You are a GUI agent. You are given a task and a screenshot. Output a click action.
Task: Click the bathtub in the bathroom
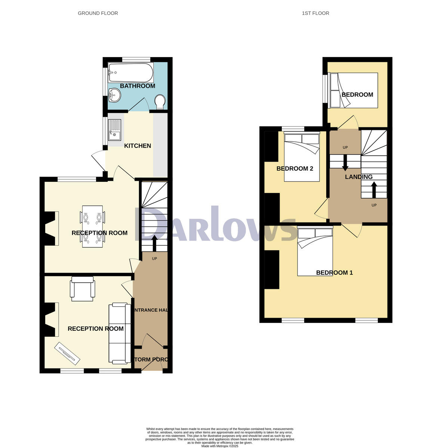click(x=130, y=73)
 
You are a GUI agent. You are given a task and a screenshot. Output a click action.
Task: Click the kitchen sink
click(x=115, y=130)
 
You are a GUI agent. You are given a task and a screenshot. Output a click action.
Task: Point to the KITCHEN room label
click(x=138, y=146)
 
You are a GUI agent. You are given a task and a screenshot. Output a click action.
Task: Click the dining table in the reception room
click(x=92, y=226)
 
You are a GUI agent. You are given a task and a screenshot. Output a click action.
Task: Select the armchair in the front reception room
click(x=82, y=289)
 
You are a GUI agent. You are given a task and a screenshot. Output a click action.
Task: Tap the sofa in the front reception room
click(x=120, y=333)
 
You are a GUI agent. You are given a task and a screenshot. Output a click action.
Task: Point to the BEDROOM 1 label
click(x=334, y=273)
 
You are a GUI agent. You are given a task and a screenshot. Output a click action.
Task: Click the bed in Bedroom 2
click(x=302, y=157)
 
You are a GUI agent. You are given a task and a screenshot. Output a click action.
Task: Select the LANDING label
click(x=358, y=177)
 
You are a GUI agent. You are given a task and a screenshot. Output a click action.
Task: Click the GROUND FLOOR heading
click(x=98, y=13)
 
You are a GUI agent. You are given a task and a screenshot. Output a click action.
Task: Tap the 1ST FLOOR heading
click(x=315, y=13)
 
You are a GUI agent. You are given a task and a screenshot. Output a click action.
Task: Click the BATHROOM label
click(x=138, y=86)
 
